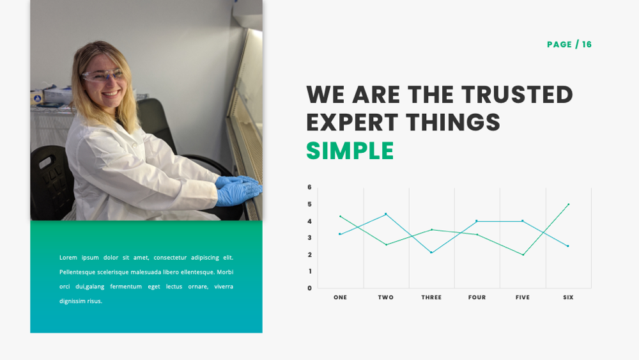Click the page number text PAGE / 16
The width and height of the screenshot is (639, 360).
[569, 44]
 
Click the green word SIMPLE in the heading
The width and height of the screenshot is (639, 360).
[350, 150]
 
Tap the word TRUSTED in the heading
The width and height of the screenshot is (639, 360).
[517, 95]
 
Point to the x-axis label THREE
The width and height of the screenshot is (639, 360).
[431, 297]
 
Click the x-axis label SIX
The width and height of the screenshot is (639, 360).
[568, 297]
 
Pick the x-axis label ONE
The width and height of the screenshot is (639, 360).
[340, 297]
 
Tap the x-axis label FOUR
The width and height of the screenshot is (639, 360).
[477, 297]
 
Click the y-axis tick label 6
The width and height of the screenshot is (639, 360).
[309, 187]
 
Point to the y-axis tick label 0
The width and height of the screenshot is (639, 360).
[309, 288]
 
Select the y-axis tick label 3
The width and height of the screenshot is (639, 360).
[309, 238]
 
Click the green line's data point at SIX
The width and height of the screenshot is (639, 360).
[568, 205]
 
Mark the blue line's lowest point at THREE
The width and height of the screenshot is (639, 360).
[431, 253]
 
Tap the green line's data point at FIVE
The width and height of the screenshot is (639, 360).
[523, 254]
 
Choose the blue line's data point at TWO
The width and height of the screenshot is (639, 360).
[385, 214]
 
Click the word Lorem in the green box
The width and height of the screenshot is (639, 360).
[68, 257]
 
